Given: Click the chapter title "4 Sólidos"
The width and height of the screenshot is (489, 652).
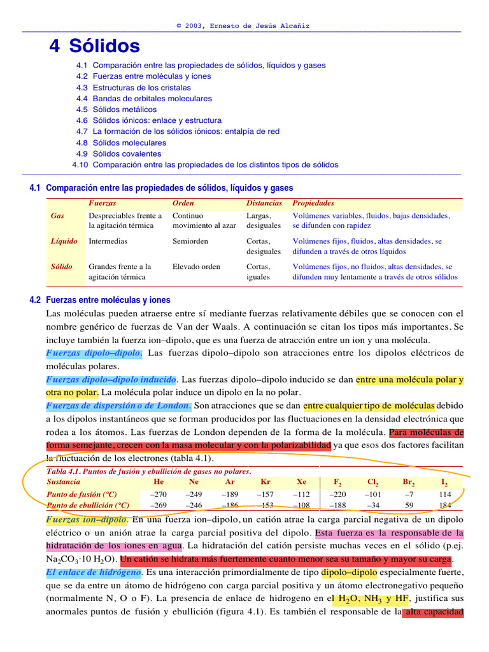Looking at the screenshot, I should coord(95,46).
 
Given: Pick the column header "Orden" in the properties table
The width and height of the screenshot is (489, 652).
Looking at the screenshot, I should coord(183,203).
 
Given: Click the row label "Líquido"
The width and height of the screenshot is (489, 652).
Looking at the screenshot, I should coord(64,241).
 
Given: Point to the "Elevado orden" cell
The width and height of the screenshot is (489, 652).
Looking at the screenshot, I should coord(196,267).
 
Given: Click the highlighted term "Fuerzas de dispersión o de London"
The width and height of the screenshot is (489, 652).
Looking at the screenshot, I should coord(118,405).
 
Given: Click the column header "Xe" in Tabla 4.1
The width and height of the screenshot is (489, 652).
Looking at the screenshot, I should coord(302,482).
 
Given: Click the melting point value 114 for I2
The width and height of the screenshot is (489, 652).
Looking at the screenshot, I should coord(445,494).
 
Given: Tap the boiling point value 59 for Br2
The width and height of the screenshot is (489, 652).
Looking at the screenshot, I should coord(409,505).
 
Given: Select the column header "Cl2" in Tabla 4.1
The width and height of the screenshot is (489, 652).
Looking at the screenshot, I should coord(374,482).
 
